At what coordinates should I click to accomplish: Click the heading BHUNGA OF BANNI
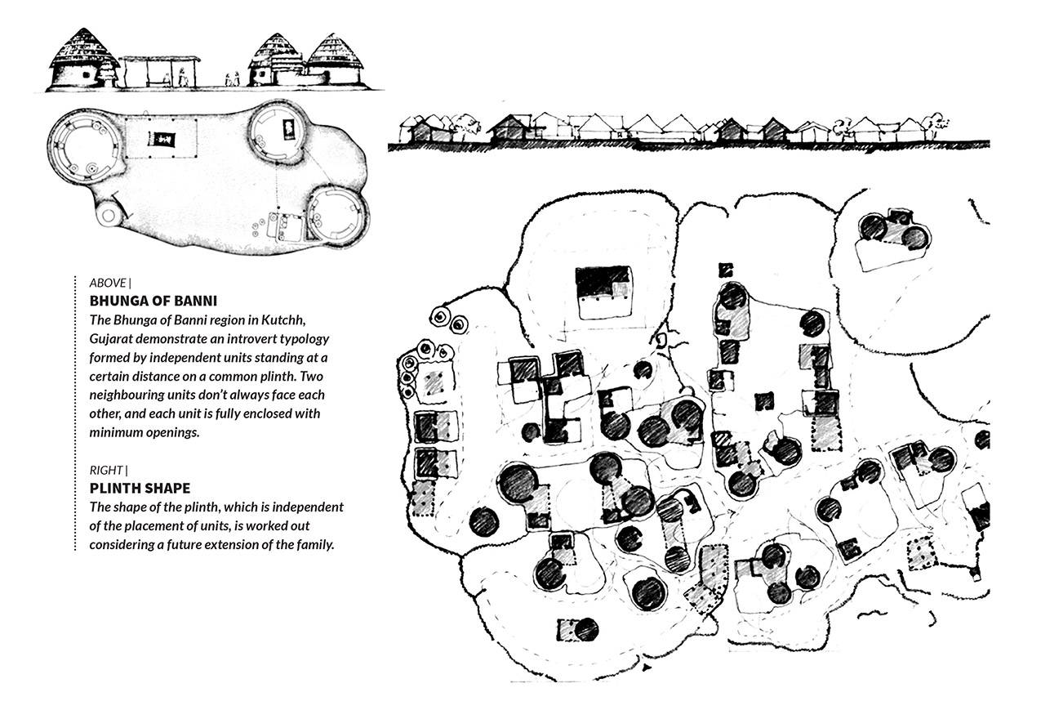153,301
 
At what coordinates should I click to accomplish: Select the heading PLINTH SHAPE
140,488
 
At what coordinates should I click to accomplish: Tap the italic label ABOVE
108,283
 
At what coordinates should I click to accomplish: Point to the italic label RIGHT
106,471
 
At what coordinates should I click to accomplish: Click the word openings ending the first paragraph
172,432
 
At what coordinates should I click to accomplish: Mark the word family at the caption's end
316,545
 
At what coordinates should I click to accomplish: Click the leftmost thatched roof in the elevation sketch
83,47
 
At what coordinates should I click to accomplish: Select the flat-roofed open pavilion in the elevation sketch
159,72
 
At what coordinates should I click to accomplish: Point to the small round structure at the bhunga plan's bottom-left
109,214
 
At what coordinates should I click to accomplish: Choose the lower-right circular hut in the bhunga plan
338,215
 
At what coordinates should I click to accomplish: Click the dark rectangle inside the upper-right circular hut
288,129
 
